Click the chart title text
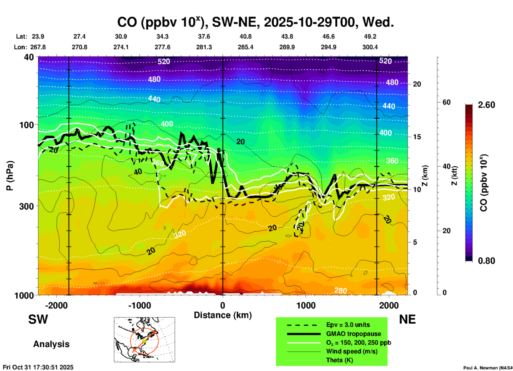tap(255, 22)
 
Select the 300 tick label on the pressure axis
tap(26, 206)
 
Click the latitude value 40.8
tap(245, 36)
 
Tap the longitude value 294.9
tap(328, 47)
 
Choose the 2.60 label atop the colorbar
tap(486, 105)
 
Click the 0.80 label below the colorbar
tap(486, 261)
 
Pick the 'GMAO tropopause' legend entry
tap(353, 334)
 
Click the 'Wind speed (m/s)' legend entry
tap(352, 351)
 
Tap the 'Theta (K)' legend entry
tap(340, 360)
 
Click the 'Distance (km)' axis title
tap(223, 315)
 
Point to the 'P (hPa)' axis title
tap(10, 176)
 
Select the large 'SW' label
tap(38, 319)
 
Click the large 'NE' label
tap(407, 319)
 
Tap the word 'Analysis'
tap(51, 344)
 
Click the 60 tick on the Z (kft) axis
tap(446, 102)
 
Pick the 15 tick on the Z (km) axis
tap(417, 137)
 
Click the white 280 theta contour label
tap(340, 290)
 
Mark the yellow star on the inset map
tap(144, 341)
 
